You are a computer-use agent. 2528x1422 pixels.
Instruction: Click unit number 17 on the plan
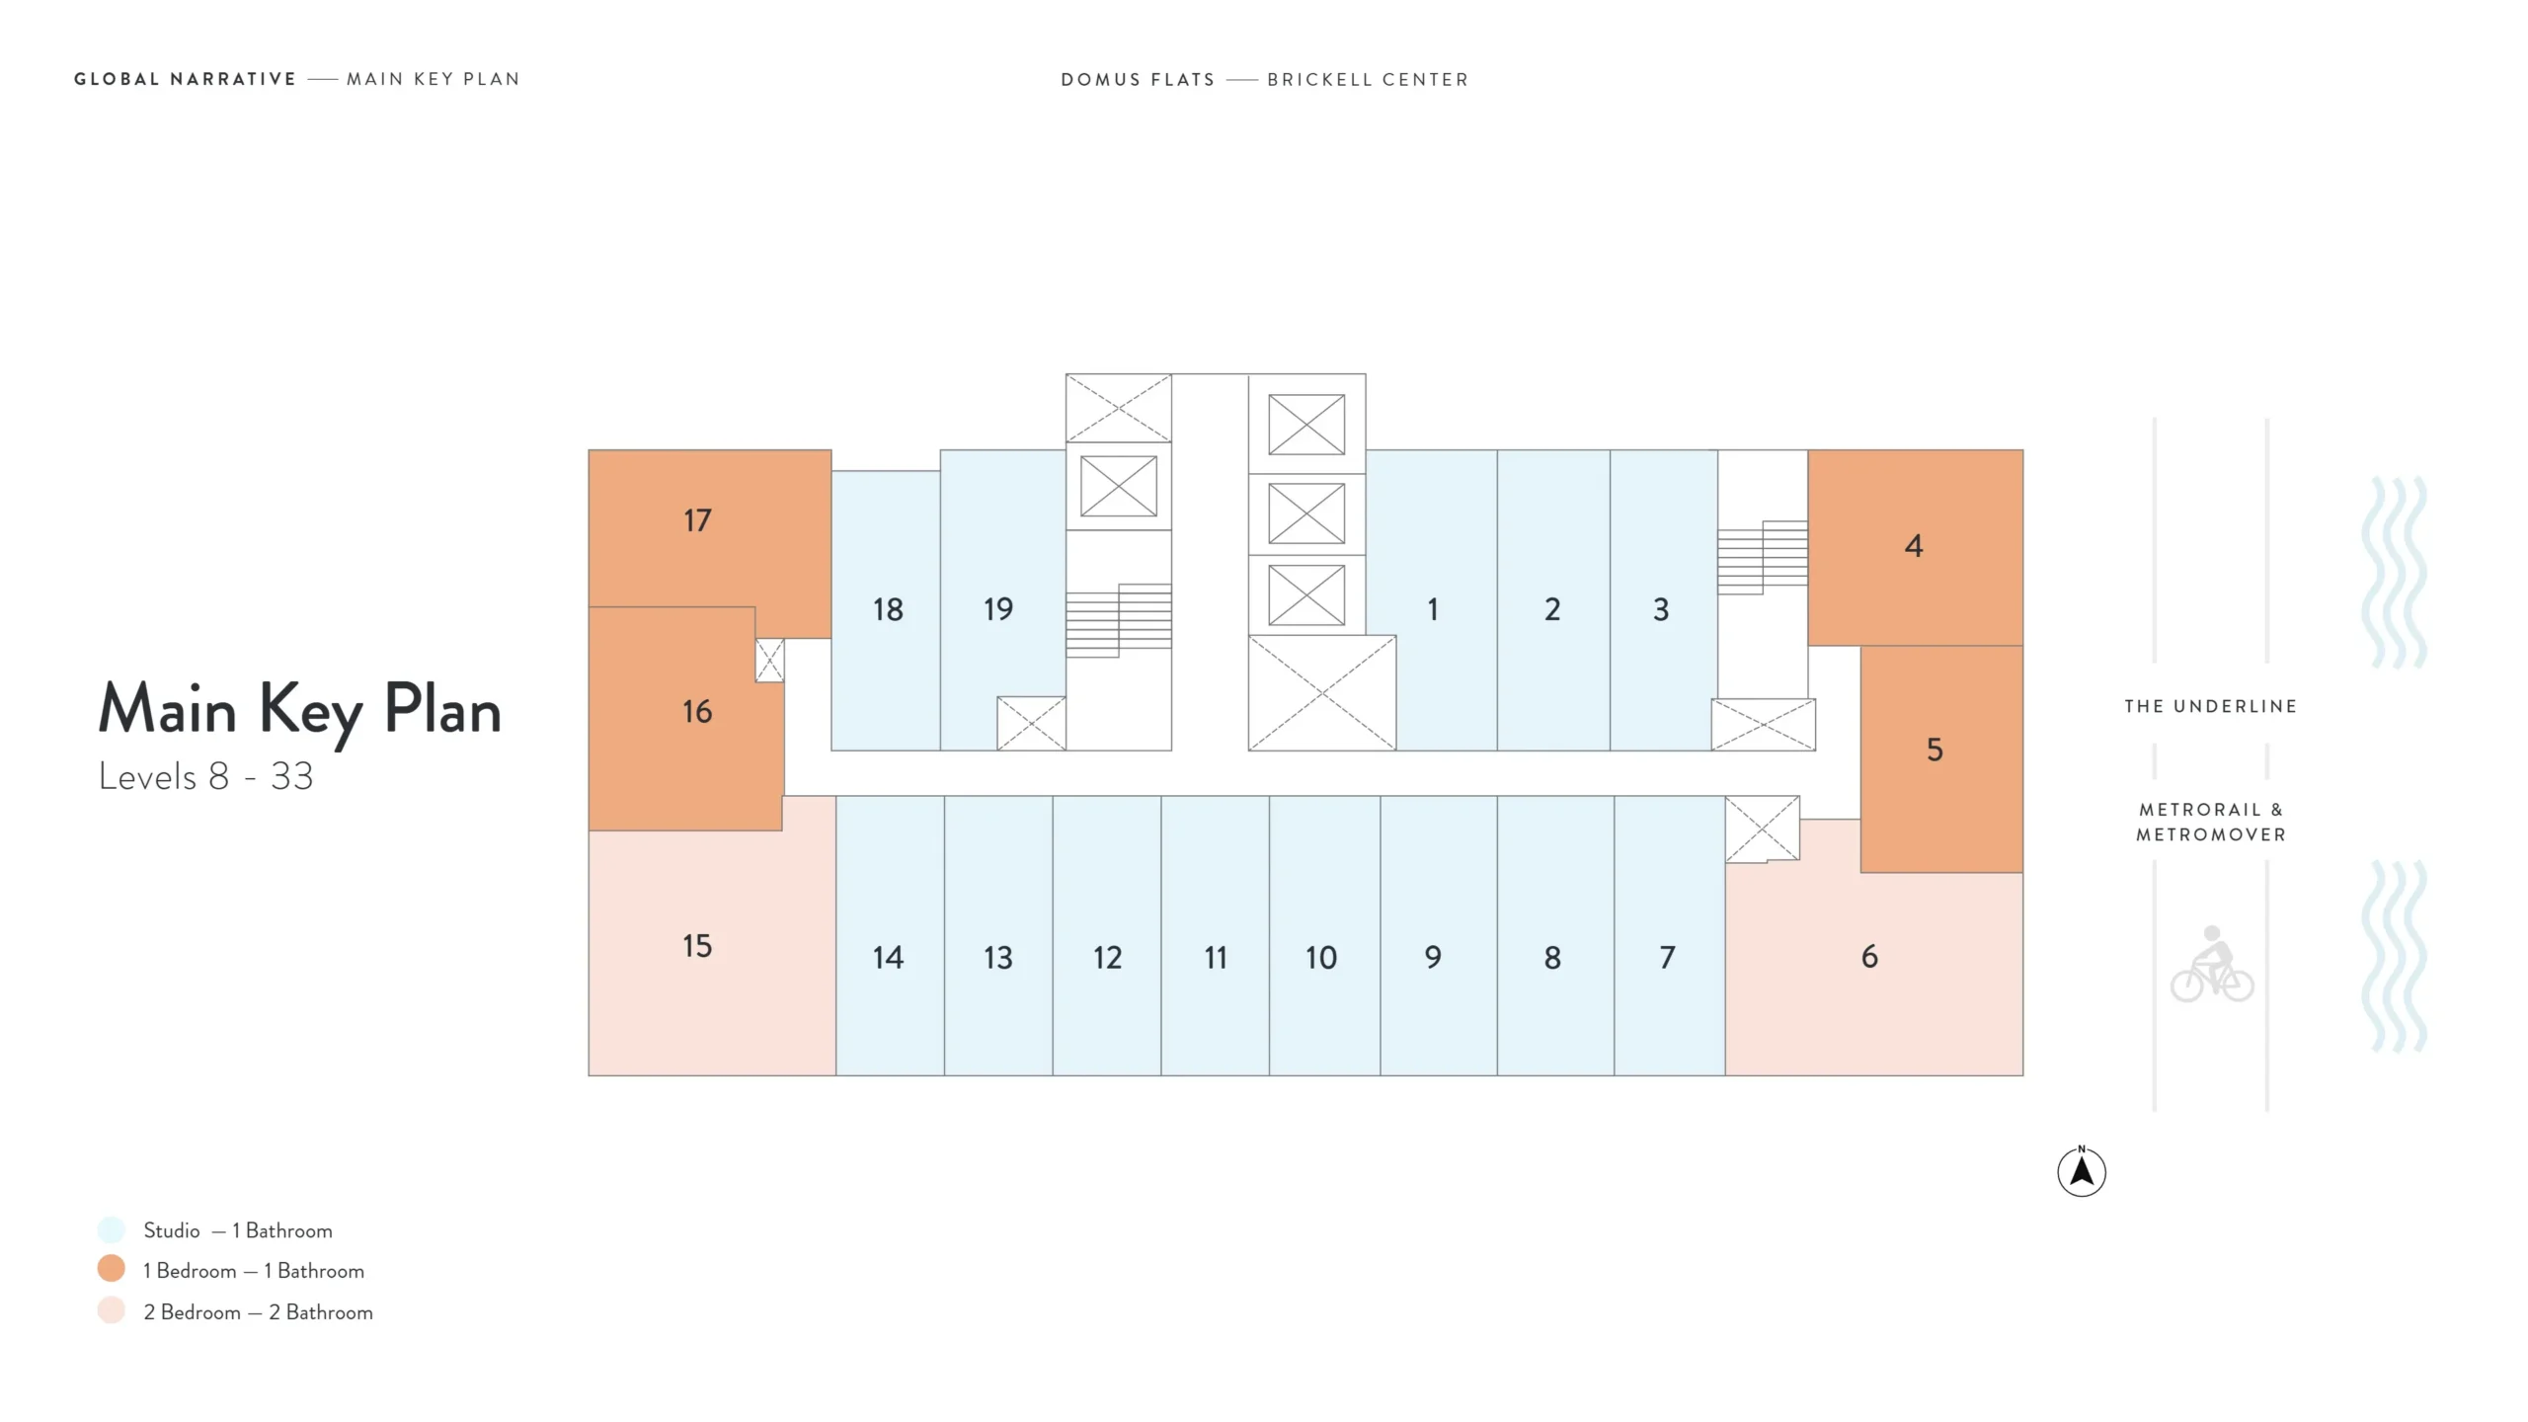pos(697,520)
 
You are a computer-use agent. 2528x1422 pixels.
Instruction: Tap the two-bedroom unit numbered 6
pos(1869,956)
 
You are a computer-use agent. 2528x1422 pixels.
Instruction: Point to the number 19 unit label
pos(998,609)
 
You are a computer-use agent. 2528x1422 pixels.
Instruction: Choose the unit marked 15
pos(697,946)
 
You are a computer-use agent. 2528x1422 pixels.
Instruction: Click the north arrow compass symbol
pos(2082,1171)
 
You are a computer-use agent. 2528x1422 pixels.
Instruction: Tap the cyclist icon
pos(2212,964)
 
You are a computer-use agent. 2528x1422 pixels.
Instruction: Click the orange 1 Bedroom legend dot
pos(112,1269)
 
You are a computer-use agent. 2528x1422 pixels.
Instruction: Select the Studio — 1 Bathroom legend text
pos(238,1230)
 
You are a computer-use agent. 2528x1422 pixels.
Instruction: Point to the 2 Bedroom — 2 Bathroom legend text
pos(258,1312)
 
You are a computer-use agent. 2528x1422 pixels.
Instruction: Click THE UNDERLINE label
pos(2211,706)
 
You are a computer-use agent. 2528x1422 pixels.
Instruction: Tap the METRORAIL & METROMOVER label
pos(2211,822)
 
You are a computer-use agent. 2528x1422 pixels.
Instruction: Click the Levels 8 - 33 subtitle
pos(206,777)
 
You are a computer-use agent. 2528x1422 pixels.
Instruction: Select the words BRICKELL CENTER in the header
pos(1368,79)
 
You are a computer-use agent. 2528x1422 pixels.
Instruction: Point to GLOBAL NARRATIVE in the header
pos(185,79)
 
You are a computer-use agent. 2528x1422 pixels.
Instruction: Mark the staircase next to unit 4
pos(1763,557)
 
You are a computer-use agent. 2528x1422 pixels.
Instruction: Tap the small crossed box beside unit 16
pos(770,661)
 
